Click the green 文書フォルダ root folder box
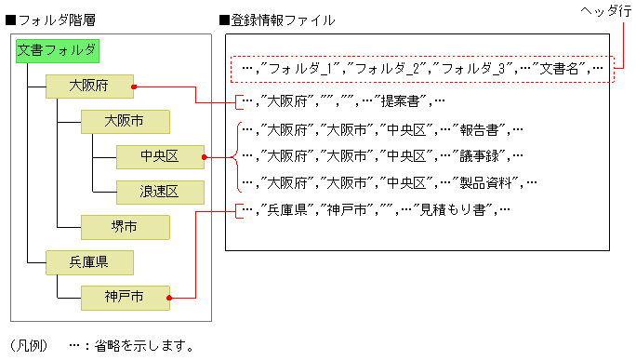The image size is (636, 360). [x=57, y=51]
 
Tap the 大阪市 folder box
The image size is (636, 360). [x=125, y=122]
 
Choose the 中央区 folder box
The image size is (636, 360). [x=159, y=156]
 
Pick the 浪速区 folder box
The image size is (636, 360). [x=159, y=192]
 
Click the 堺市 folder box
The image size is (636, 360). [x=125, y=227]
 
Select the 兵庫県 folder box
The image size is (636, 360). [x=89, y=262]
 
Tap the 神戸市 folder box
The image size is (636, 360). [x=125, y=298]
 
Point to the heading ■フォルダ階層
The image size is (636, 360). [x=46, y=19]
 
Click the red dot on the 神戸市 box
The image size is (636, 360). [x=169, y=299]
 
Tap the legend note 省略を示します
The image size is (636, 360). [x=136, y=346]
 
